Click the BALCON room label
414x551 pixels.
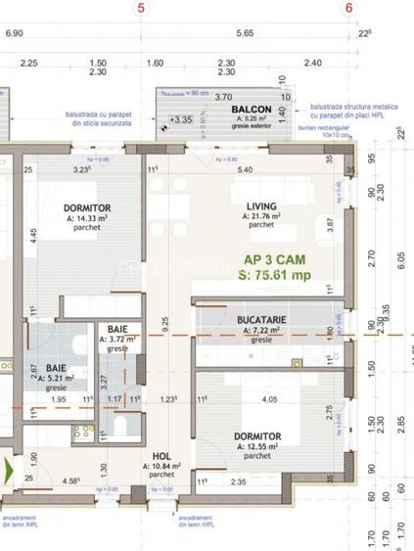coord(252,109)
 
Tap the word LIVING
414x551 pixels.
coord(260,206)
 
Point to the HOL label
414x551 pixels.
coord(161,456)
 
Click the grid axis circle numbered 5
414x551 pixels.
coord(143,8)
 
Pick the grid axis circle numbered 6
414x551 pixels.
coord(349,8)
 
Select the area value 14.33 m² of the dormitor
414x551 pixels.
coord(86,218)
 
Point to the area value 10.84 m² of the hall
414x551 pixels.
coord(161,467)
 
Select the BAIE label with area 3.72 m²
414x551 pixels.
coord(116,327)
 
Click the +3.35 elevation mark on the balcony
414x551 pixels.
coord(180,119)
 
